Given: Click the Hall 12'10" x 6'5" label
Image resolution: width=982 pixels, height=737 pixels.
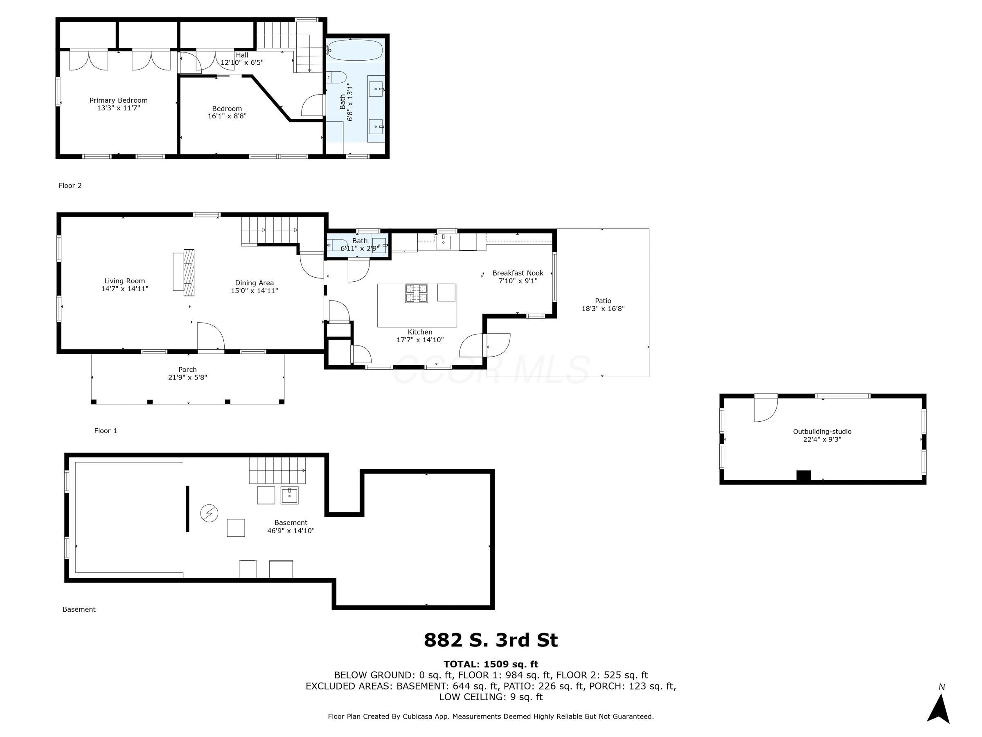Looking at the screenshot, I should tap(242, 59).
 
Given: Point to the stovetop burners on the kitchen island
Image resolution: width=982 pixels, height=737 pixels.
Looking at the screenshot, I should tap(416, 294).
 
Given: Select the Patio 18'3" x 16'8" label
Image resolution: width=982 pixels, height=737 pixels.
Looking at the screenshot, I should tap(603, 305).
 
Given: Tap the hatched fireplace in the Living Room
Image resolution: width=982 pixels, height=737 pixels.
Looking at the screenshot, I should tap(189, 272).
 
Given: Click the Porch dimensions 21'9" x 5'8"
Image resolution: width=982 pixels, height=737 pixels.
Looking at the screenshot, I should tap(187, 378).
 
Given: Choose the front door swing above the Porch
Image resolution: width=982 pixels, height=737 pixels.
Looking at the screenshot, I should tap(211, 336).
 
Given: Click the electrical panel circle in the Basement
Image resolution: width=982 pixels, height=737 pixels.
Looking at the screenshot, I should tap(209, 513).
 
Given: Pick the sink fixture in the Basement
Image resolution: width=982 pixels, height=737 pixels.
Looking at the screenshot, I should tap(289, 495).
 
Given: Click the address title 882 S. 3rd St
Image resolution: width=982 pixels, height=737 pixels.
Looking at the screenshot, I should tap(491, 640).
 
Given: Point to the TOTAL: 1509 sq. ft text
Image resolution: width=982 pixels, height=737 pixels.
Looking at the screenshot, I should tap(491, 664).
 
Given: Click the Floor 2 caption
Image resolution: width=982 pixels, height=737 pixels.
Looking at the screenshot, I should tap(70, 186).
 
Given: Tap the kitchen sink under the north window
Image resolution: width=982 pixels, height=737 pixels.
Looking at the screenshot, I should tap(443, 242).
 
